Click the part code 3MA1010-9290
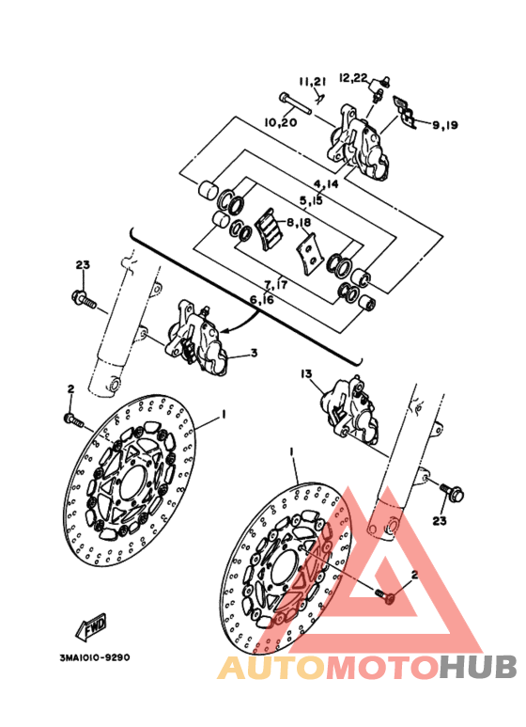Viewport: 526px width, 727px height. tap(95, 657)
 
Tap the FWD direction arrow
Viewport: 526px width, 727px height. tap(92, 627)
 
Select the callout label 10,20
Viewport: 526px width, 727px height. tap(280, 122)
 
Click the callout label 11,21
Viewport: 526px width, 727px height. tap(312, 82)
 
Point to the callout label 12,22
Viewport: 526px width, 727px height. tap(353, 77)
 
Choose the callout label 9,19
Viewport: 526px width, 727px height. tap(445, 125)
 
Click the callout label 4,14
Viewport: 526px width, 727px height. tap(326, 184)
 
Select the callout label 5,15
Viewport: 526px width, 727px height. tap(311, 200)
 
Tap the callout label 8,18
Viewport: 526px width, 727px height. tap(299, 223)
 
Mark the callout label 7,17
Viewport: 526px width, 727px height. tap(275, 284)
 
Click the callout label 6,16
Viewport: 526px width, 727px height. tap(262, 299)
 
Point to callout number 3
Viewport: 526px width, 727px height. tap(254, 354)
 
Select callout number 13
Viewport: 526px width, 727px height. tap(306, 373)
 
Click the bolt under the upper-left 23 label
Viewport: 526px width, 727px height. tap(85, 299)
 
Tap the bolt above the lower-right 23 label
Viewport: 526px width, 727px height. tap(452, 492)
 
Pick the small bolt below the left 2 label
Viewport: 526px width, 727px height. tap(73, 420)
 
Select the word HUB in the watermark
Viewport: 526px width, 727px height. tap(478, 668)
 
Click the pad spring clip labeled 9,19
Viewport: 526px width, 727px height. tap(404, 112)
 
